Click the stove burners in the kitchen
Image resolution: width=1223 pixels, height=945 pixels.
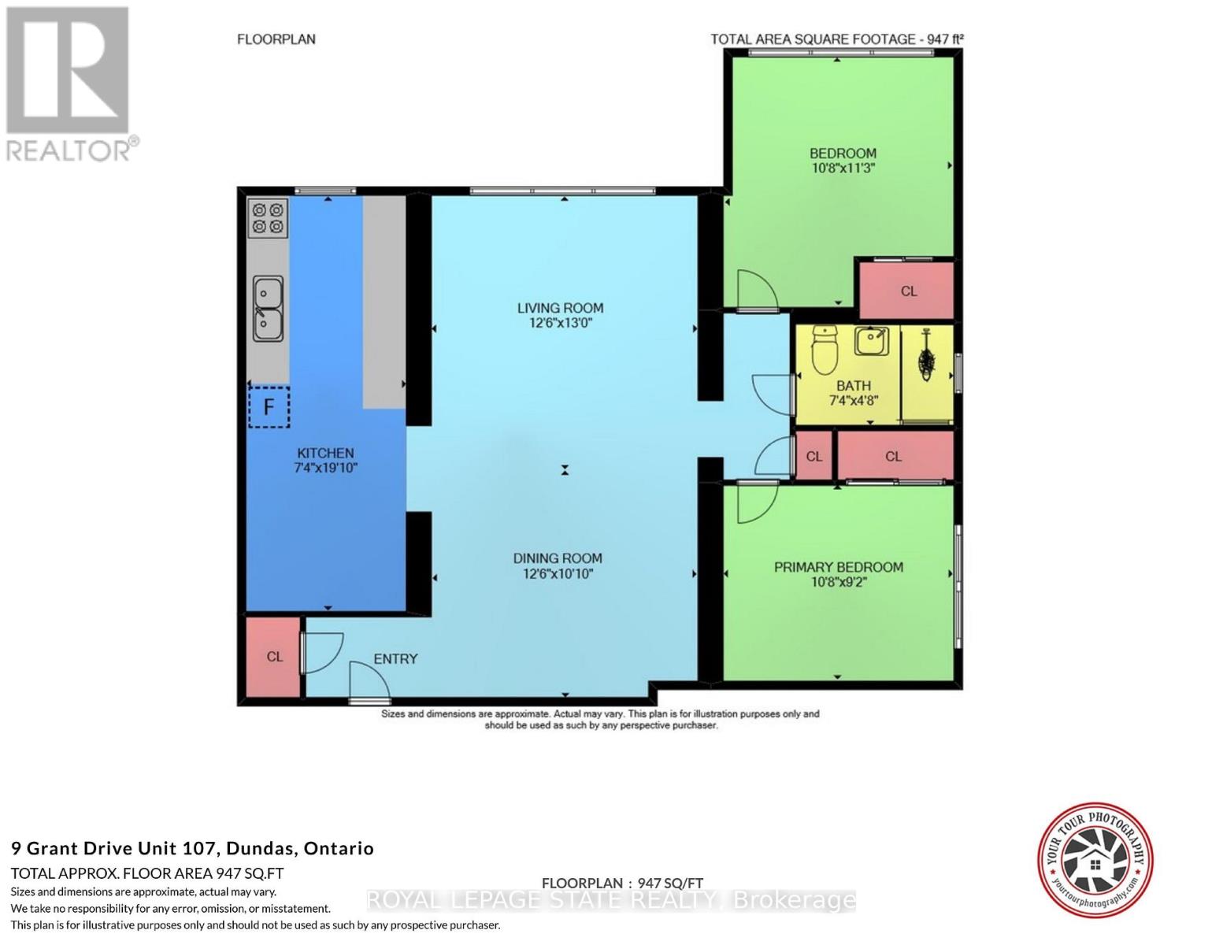268,218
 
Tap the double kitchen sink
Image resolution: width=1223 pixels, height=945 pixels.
268,309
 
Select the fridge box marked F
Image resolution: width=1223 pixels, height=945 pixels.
269,406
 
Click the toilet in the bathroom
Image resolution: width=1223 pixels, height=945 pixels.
825,350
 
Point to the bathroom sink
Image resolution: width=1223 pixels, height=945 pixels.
872,340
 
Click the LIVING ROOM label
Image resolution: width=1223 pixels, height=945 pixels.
561,308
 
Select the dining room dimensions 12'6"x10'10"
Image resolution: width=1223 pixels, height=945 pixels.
558,574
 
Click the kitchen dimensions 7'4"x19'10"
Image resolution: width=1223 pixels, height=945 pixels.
326,467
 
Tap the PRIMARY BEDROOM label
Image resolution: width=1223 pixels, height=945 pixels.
839,567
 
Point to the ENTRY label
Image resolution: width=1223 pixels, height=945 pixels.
395,658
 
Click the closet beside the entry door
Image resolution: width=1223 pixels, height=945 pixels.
273,657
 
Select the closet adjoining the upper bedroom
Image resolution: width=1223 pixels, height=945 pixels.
907,291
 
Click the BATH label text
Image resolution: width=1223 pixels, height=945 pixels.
854,386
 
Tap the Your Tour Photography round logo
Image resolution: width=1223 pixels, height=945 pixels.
1095,860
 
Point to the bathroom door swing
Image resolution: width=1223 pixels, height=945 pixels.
773,395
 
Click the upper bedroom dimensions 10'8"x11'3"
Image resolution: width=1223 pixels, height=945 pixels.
843,168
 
